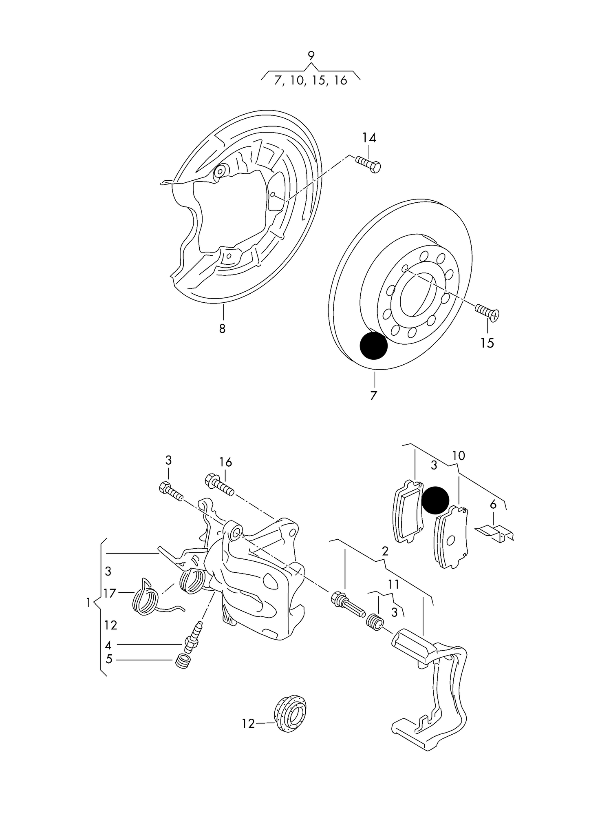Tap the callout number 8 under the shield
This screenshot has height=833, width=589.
click(222, 328)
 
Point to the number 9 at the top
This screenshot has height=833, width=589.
click(311, 56)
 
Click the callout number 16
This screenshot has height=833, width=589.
click(225, 462)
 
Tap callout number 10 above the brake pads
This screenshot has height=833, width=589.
click(459, 456)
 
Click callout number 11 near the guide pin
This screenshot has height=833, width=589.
click(393, 584)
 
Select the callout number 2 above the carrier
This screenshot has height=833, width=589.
click(385, 552)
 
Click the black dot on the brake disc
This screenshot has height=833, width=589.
click(373, 346)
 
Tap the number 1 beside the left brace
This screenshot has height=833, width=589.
click(88, 602)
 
